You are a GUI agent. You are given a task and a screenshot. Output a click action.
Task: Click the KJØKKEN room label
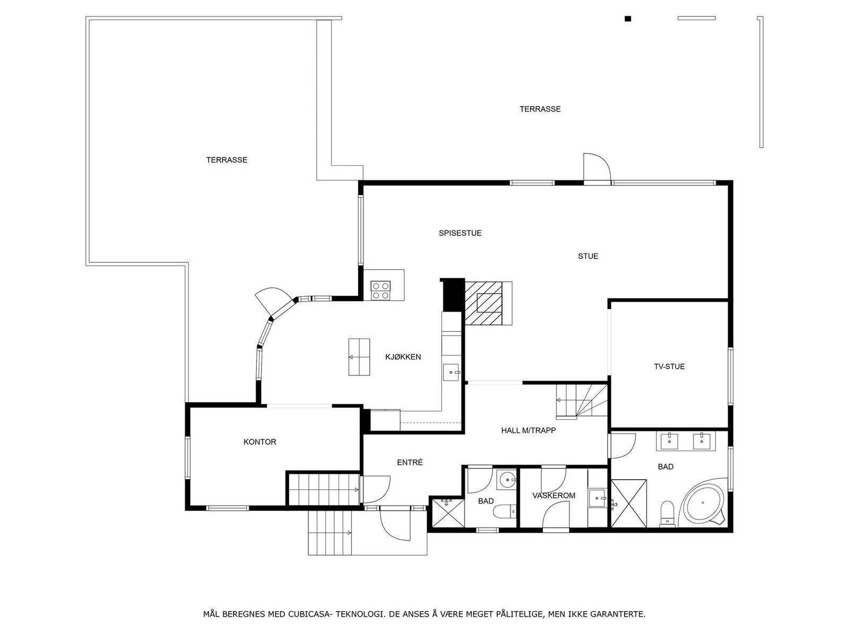pyautogui.click(x=403, y=357)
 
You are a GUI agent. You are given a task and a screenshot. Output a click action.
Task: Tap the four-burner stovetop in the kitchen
pyautogui.click(x=380, y=290)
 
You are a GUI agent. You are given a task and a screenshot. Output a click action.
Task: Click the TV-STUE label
pyautogui.click(x=669, y=366)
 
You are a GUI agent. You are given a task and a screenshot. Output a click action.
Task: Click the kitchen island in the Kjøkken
pyautogui.click(x=359, y=357)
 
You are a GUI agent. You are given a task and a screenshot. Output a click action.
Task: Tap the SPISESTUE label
pyautogui.click(x=460, y=233)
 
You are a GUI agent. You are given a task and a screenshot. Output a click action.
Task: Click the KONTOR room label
pyautogui.click(x=259, y=441)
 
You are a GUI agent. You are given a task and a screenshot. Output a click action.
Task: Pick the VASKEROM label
pyautogui.click(x=553, y=496)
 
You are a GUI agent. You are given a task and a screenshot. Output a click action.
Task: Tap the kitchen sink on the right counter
pyautogui.click(x=452, y=373)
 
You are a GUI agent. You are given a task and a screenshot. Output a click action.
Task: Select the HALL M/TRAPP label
pyautogui.click(x=528, y=430)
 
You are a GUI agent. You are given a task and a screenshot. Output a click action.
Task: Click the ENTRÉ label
pyautogui.click(x=410, y=462)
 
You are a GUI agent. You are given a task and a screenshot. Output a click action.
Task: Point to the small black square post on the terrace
pyautogui.click(x=628, y=19)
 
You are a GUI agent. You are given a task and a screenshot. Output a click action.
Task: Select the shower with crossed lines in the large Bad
pyautogui.click(x=629, y=503)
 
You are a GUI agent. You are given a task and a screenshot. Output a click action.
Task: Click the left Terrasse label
pyautogui.click(x=227, y=160)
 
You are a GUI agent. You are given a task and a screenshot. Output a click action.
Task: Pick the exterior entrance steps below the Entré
pyautogui.click(x=330, y=532)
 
